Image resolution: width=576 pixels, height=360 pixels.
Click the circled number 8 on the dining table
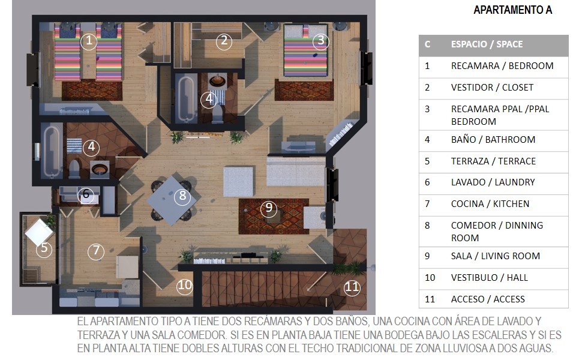coord(182,196)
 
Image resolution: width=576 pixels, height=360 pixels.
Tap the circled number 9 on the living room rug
coord(269,208)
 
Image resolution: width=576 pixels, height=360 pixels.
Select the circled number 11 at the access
coord(352,287)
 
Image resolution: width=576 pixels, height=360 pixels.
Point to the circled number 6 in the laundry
coord(86,194)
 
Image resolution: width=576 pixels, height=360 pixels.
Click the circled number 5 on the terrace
coord(44,248)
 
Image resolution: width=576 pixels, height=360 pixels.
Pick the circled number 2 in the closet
coord(224,41)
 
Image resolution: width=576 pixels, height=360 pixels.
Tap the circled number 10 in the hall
coord(184,286)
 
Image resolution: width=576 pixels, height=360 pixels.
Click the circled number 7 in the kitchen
coord(96,251)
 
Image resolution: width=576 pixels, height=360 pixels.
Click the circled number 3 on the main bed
coord(320,41)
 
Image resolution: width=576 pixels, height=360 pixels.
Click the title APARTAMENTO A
coord(513,10)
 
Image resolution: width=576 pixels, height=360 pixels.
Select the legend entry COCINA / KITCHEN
coord(490,204)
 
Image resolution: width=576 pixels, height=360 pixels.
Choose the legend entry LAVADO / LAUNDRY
coord(493,182)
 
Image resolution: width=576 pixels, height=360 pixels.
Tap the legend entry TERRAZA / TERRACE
coord(493,161)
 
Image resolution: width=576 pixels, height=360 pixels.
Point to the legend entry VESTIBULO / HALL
coord(490,278)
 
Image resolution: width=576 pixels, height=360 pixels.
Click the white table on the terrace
coord(38,232)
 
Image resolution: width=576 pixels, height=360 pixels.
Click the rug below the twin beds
coord(92,91)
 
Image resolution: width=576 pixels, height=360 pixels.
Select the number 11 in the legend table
coord(430,299)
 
